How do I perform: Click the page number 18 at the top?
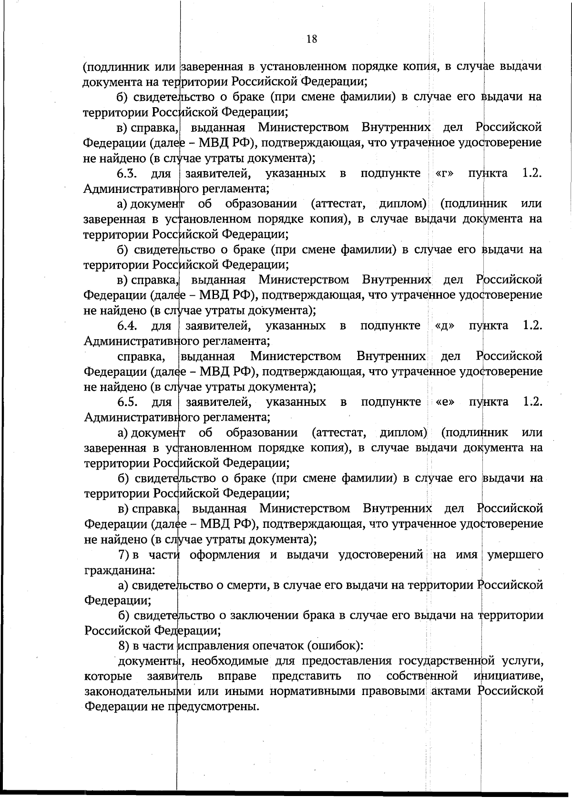tap(312, 39)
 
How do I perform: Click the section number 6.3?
tap(128, 173)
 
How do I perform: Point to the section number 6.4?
tap(128, 326)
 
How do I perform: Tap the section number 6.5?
tap(128, 402)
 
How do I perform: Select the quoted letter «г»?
tap(443, 173)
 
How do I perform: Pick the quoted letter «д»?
tap(444, 326)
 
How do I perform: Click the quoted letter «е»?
tap(445, 402)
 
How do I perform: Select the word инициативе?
tap(509, 676)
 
